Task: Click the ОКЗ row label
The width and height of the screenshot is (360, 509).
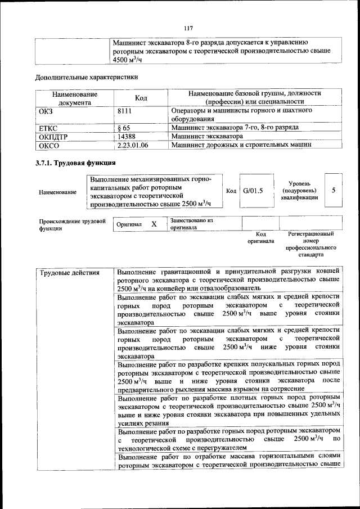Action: [x=46, y=111]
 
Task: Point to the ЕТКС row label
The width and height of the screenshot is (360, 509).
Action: [x=49, y=128]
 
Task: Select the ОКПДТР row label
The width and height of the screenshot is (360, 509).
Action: [x=53, y=136]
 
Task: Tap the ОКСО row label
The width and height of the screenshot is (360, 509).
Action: [x=48, y=145]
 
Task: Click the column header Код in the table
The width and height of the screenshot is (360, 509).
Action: [x=141, y=98]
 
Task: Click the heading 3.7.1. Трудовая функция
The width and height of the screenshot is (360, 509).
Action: [x=75, y=163]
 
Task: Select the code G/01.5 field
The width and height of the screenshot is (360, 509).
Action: [x=253, y=191]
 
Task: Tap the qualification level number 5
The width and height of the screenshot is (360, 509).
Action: [x=334, y=190]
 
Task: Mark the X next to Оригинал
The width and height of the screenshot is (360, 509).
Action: [x=154, y=224]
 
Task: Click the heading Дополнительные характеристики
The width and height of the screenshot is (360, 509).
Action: [x=86, y=76]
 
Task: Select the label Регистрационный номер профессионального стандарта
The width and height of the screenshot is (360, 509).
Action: [x=310, y=244]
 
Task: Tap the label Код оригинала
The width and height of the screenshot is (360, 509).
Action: [x=261, y=237]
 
